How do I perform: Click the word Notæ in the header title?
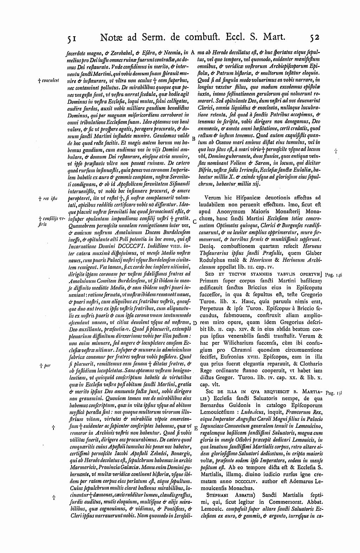tap(111, 37)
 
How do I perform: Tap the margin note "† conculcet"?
tap(50, 81)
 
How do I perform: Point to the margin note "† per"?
tap(46, 366)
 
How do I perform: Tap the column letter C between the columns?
tap(194, 221)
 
